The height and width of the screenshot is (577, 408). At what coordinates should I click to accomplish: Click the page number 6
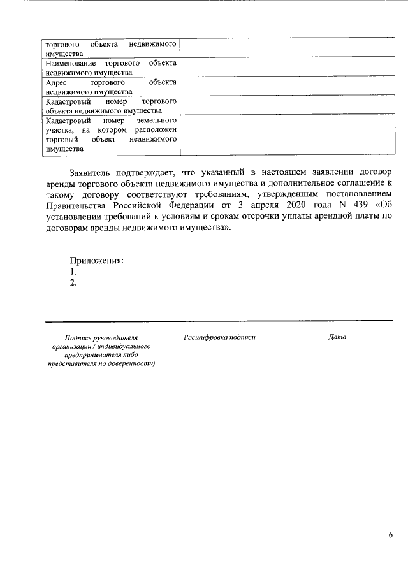(x=390, y=535)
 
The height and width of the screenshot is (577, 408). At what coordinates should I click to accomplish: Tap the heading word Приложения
(x=96, y=260)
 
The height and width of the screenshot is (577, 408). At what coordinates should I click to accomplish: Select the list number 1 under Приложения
(x=73, y=272)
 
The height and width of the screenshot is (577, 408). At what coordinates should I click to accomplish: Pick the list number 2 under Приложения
(x=73, y=282)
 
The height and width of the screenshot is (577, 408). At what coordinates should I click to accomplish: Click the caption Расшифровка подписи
(x=219, y=337)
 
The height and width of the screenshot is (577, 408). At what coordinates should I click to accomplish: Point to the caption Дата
(x=337, y=337)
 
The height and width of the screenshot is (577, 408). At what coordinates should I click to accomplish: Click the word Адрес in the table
(x=58, y=83)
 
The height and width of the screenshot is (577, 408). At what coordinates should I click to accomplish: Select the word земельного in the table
(x=157, y=120)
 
